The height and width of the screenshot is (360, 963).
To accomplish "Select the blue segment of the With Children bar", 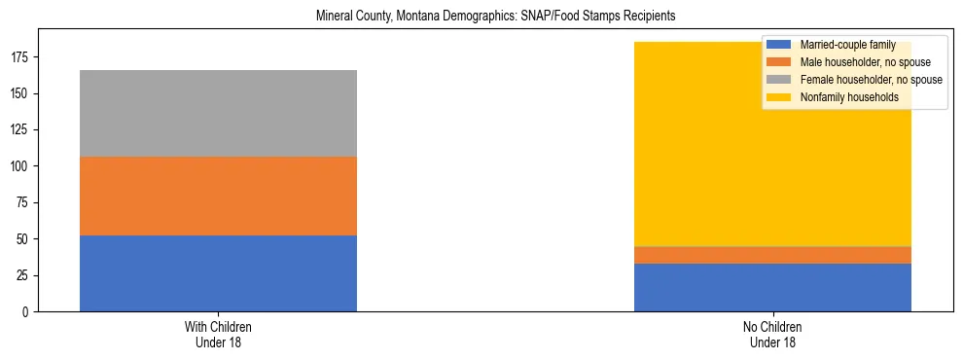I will click(218, 273).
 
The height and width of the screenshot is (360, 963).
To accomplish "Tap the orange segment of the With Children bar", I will click(218, 196).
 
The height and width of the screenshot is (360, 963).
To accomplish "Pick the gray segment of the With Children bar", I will click(218, 113).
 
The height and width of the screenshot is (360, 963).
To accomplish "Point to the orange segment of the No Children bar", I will click(772, 255).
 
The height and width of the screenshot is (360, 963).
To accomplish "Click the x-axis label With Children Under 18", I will click(218, 334).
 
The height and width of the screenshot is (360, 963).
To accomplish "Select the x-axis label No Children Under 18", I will click(772, 334).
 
